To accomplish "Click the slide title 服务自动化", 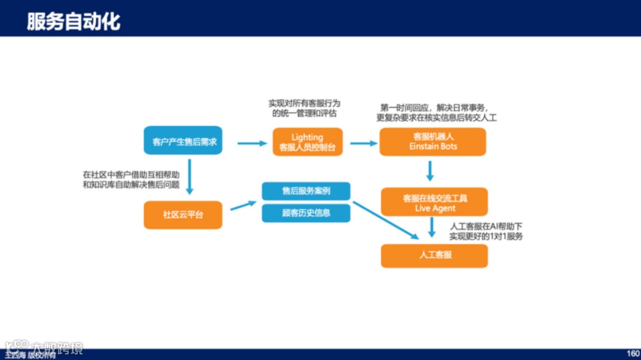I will click(74, 21).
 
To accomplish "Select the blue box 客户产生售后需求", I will click(183, 141).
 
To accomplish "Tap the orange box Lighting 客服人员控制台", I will click(307, 142).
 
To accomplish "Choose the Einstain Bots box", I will click(433, 142).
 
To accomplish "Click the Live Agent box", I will click(435, 202).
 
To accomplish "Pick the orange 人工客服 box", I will click(434, 255).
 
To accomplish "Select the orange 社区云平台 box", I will click(183, 214).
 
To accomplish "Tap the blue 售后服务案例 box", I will click(306, 191).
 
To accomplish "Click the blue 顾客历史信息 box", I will click(306, 213).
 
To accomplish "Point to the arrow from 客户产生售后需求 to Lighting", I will click(252, 143).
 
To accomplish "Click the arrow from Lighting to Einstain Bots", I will click(364, 143).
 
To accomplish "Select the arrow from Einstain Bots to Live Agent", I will click(430, 171).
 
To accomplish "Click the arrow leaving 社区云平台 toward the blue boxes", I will click(243, 205).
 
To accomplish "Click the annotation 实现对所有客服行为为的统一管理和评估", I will click(304, 108).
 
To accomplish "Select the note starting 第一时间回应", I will click(436, 113).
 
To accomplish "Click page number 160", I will click(633, 353).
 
